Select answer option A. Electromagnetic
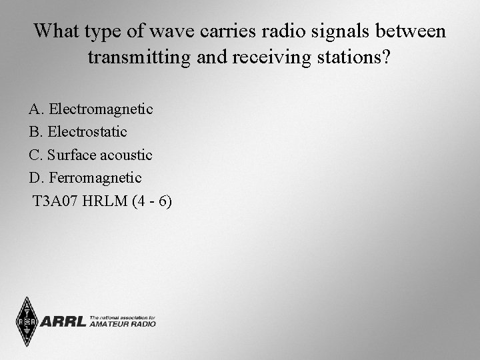coord(91,109)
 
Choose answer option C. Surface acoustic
coord(91,155)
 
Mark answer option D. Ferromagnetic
coord(85,178)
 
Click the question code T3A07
coord(55,201)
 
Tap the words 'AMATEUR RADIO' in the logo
coord(122,324)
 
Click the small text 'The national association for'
coord(122,317)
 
